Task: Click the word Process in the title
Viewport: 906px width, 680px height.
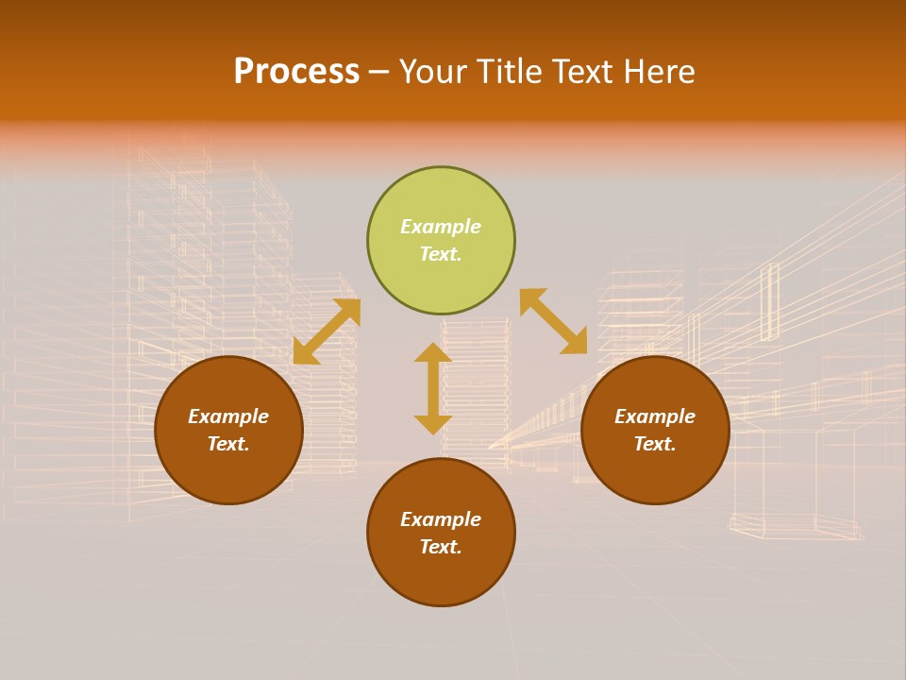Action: (296, 72)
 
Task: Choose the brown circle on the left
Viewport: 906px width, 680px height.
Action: (228, 472)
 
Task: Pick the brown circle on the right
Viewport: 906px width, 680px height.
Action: (655, 472)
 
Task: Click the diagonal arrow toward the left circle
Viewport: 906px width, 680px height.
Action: (327, 331)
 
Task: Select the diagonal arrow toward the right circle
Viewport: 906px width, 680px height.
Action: (554, 321)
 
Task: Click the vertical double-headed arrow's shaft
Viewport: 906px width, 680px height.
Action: (433, 388)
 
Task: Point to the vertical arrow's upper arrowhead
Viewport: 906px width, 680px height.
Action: (433, 352)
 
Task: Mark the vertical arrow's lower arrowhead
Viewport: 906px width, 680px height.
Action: (433, 424)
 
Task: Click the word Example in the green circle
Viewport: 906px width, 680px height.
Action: (441, 227)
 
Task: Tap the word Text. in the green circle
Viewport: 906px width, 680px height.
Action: (441, 254)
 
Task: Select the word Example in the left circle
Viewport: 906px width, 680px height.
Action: (228, 416)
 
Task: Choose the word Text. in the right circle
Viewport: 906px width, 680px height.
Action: (655, 444)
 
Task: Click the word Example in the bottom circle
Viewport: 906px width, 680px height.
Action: (441, 519)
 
